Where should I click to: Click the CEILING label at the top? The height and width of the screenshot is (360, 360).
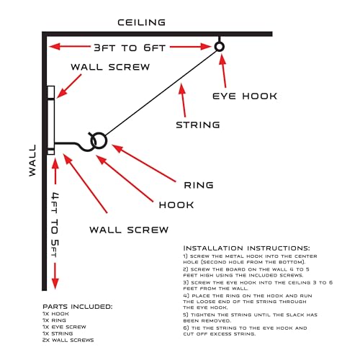click(x=141, y=22)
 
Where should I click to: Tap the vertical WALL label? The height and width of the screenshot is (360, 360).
click(x=32, y=161)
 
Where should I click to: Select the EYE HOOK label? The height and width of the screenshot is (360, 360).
click(x=245, y=96)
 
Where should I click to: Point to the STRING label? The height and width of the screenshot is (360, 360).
click(x=198, y=125)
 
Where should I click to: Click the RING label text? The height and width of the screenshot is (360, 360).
click(x=199, y=185)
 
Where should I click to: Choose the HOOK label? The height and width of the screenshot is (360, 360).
click(x=176, y=205)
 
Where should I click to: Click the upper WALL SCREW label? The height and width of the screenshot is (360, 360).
click(x=110, y=67)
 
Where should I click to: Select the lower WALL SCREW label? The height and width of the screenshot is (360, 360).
click(x=129, y=230)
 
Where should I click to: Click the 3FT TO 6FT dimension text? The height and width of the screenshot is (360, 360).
click(x=130, y=48)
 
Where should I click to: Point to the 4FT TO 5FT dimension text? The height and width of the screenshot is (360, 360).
click(x=55, y=225)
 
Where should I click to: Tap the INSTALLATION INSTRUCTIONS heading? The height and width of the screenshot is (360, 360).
click(x=246, y=248)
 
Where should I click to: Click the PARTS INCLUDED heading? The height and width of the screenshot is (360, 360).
click(x=77, y=307)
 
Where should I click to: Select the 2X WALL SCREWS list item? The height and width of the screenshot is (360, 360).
click(x=68, y=340)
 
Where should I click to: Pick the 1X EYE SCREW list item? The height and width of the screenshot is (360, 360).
click(x=64, y=327)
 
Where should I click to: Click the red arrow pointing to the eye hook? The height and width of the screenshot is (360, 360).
click(x=223, y=71)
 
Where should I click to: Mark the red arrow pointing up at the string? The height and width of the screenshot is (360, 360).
click(x=183, y=100)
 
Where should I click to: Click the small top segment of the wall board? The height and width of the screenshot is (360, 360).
click(x=51, y=92)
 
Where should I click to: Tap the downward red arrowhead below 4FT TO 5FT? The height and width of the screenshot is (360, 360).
click(x=55, y=284)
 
